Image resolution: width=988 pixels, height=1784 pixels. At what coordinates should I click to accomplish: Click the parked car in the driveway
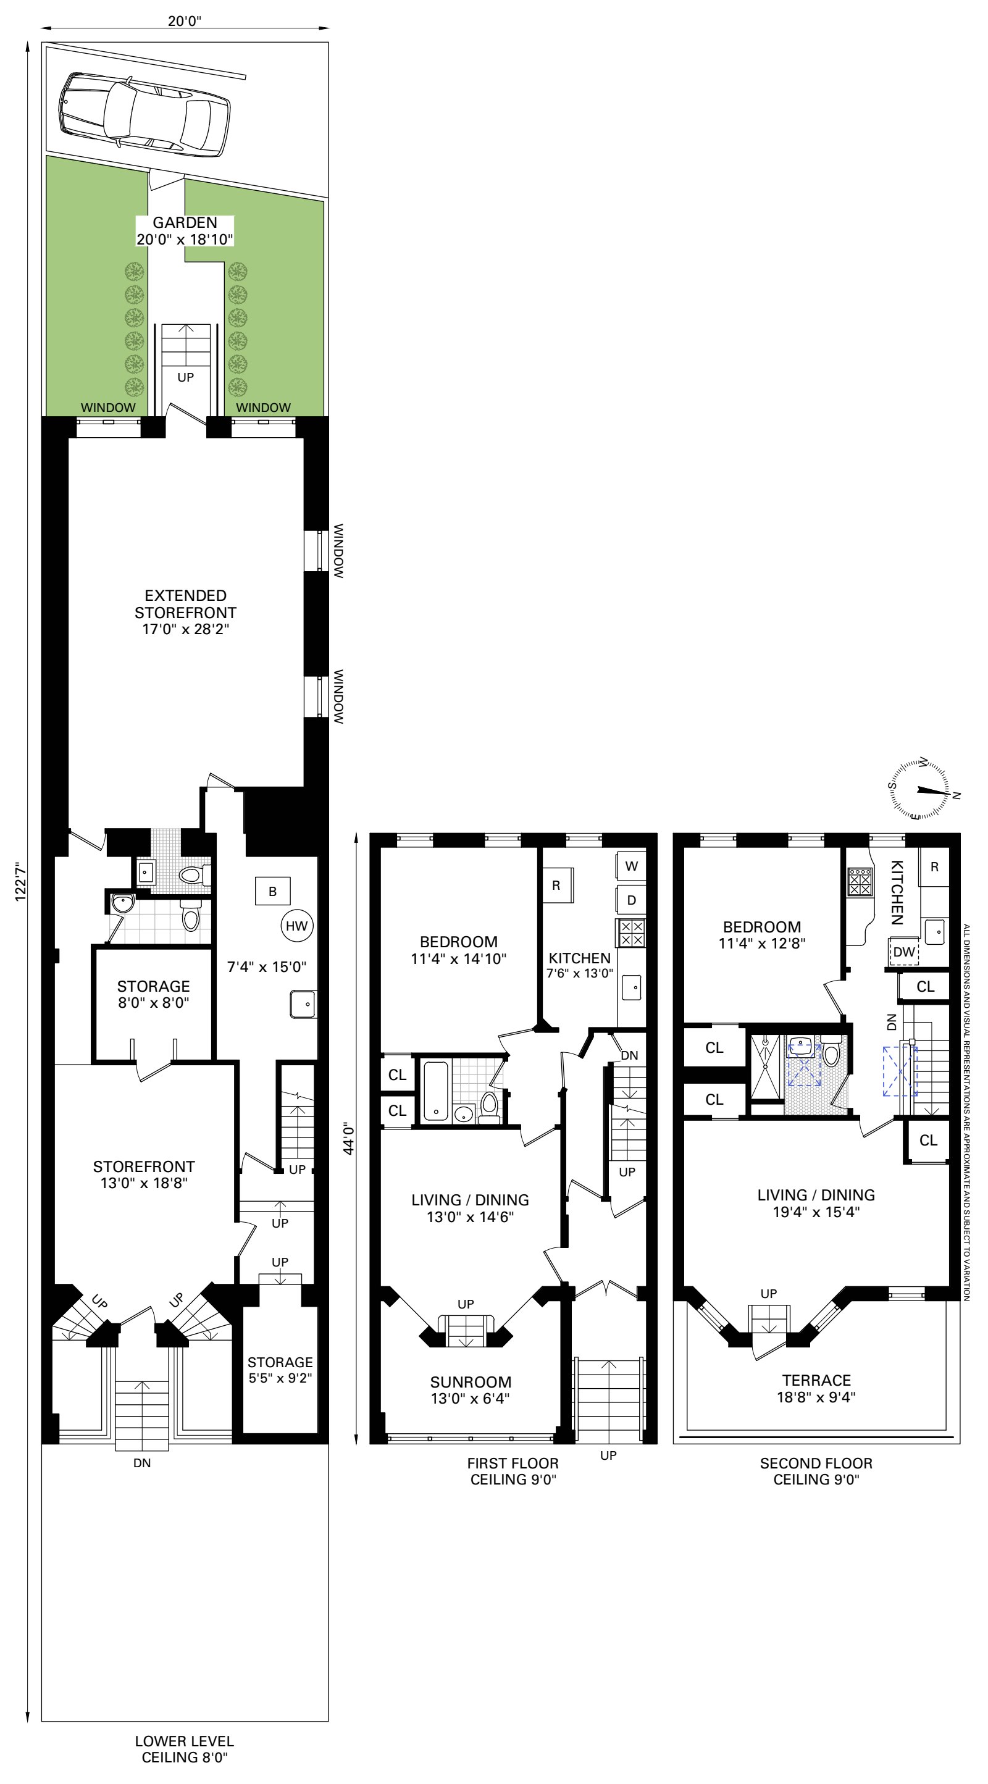(x=144, y=113)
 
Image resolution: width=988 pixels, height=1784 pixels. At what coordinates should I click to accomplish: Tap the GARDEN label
(x=185, y=222)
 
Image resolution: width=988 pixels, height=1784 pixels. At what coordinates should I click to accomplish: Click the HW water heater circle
(x=297, y=926)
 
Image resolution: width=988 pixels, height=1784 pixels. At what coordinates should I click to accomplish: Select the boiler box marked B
(x=272, y=891)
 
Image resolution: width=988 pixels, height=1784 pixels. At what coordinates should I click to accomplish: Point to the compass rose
(x=919, y=790)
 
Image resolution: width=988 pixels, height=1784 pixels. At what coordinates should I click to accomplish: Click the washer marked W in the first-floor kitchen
(x=630, y=866)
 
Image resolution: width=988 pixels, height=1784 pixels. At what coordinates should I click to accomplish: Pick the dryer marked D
(x=630, y=900)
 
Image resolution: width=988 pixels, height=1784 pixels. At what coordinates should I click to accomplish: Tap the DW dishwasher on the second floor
(x=903, y=952)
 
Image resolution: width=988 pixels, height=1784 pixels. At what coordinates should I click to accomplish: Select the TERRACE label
(x=816, y=1380)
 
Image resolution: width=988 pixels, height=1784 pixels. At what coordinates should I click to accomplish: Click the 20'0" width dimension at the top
(x=184, y=21)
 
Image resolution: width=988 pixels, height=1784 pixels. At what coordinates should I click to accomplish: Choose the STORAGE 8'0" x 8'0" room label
(x=153, y=994)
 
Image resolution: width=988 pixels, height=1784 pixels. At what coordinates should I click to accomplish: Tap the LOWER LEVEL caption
(x=184, y=1741)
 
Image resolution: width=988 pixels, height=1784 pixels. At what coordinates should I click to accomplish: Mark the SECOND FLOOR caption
(x=816, y=1464)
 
